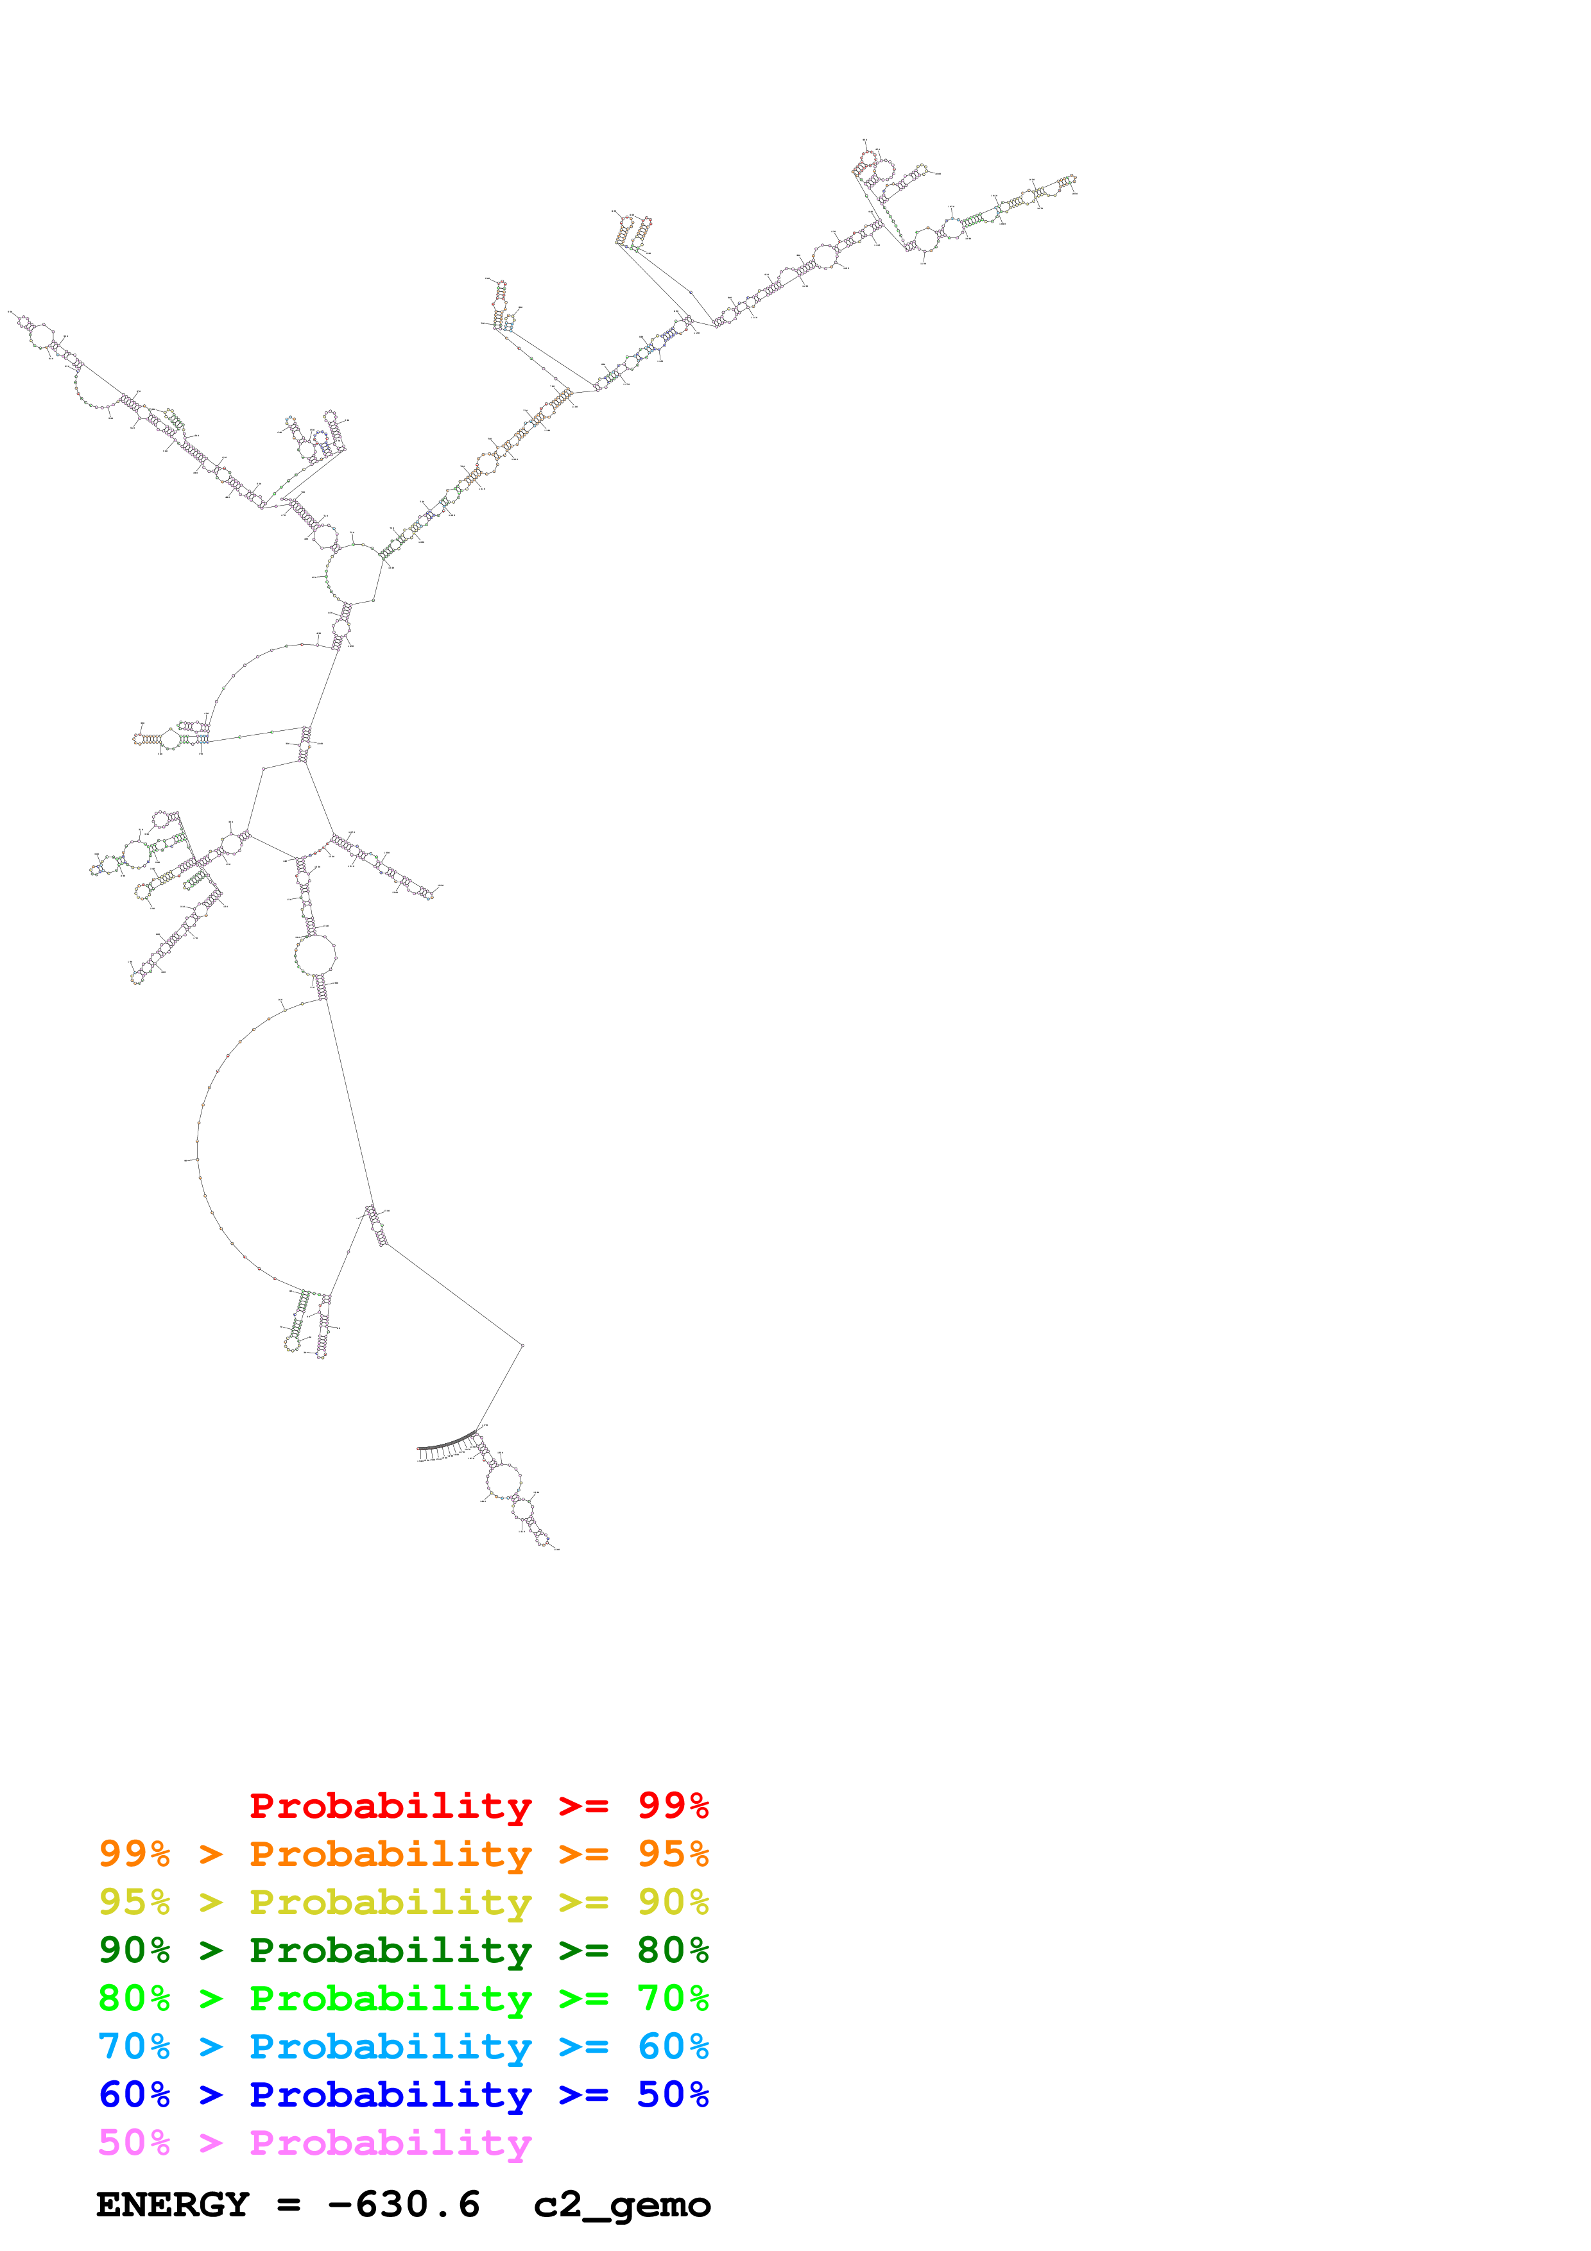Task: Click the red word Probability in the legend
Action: coord(390,1806)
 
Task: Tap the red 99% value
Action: coord(673,1805)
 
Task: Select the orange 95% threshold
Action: coord(673,1854)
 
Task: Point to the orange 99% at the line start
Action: coord(134,1854)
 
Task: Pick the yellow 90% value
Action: coord(673,1902)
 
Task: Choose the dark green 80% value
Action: coord(673,1950)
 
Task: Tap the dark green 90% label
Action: coord(134,1950)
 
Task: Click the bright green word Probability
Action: coord(390,1999)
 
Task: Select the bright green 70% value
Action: coord(673,1998)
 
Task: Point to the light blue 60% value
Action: coord(673,2046)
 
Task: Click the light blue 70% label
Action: coord(134,2046)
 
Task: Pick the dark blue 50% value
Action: coord(673,2094)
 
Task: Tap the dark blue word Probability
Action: coord(390,2095)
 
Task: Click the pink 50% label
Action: coord(134,2142)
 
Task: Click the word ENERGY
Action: coord(173,2205)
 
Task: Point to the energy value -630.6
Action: coord(404,2205)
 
